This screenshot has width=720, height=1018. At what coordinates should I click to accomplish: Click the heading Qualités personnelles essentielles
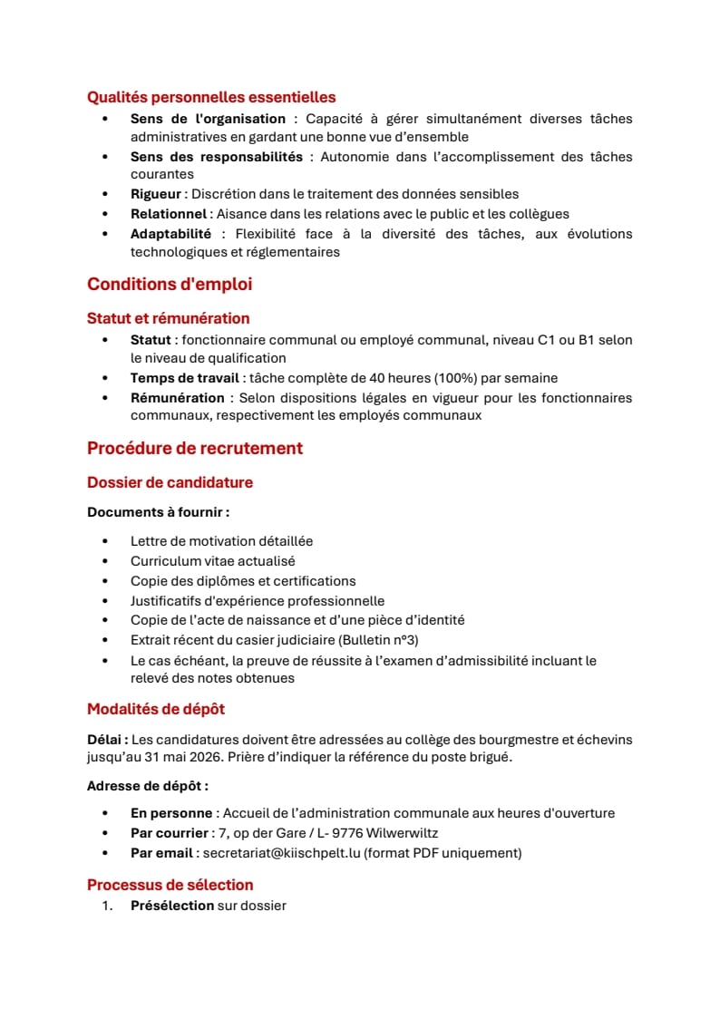coord(211,97)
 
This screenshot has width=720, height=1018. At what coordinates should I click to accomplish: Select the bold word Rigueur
coord(157,194)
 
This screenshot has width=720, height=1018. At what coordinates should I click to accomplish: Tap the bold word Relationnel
coord(169,214)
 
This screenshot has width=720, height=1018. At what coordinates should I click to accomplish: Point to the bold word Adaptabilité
coord(170,234)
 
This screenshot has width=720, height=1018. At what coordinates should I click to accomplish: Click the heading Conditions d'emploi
coord(170,285)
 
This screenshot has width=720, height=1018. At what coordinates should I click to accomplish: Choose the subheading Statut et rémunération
coord(168,318)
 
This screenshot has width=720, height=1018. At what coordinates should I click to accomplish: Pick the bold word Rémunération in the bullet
coord(177,398)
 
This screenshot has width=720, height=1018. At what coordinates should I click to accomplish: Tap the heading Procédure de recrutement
coord(195,449)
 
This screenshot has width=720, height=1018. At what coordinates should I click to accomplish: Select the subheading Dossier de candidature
coord(170,482)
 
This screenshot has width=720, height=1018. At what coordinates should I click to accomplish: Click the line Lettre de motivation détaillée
coord(221,541)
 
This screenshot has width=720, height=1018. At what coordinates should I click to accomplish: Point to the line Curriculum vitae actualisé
coord(212,561)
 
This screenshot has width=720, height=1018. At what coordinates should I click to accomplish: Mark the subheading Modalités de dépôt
coord(156,709)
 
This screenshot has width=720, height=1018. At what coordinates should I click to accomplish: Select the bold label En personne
coord(171,813)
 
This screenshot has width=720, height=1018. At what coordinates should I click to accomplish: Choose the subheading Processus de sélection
coord(170,885)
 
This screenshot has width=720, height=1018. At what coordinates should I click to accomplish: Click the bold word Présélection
coord(172,905)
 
